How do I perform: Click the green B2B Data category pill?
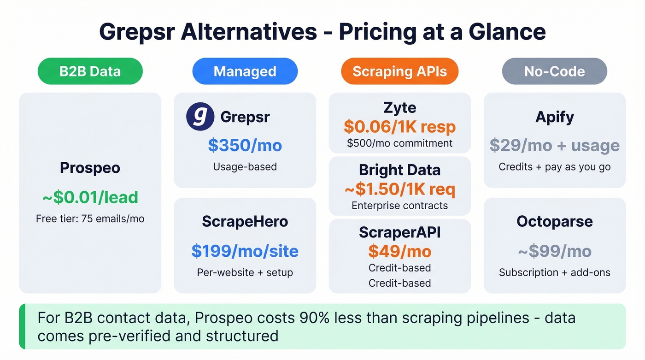90,71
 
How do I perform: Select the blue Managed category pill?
245,71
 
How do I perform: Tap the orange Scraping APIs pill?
399,71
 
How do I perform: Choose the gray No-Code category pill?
554,71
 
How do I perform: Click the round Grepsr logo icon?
200,117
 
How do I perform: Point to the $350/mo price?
245,145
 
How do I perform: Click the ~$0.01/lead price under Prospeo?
90,197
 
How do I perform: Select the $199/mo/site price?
245,251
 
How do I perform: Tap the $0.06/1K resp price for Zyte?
399,127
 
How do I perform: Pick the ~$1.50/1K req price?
399,189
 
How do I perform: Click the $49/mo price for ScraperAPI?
399,251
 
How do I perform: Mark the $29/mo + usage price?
554,145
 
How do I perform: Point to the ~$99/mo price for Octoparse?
554,251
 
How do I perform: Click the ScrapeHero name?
245,221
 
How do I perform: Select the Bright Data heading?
399,170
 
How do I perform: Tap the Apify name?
554,117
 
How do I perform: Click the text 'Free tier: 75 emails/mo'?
90,218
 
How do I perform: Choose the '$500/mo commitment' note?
399,143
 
